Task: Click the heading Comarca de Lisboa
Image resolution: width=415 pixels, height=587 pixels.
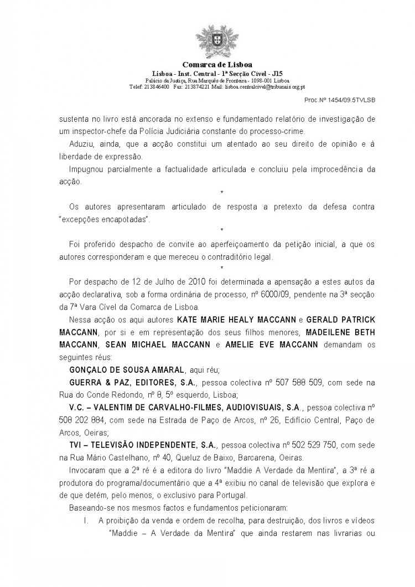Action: coord(209,65)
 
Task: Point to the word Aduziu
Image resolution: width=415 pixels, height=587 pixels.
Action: coord(81,145)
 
